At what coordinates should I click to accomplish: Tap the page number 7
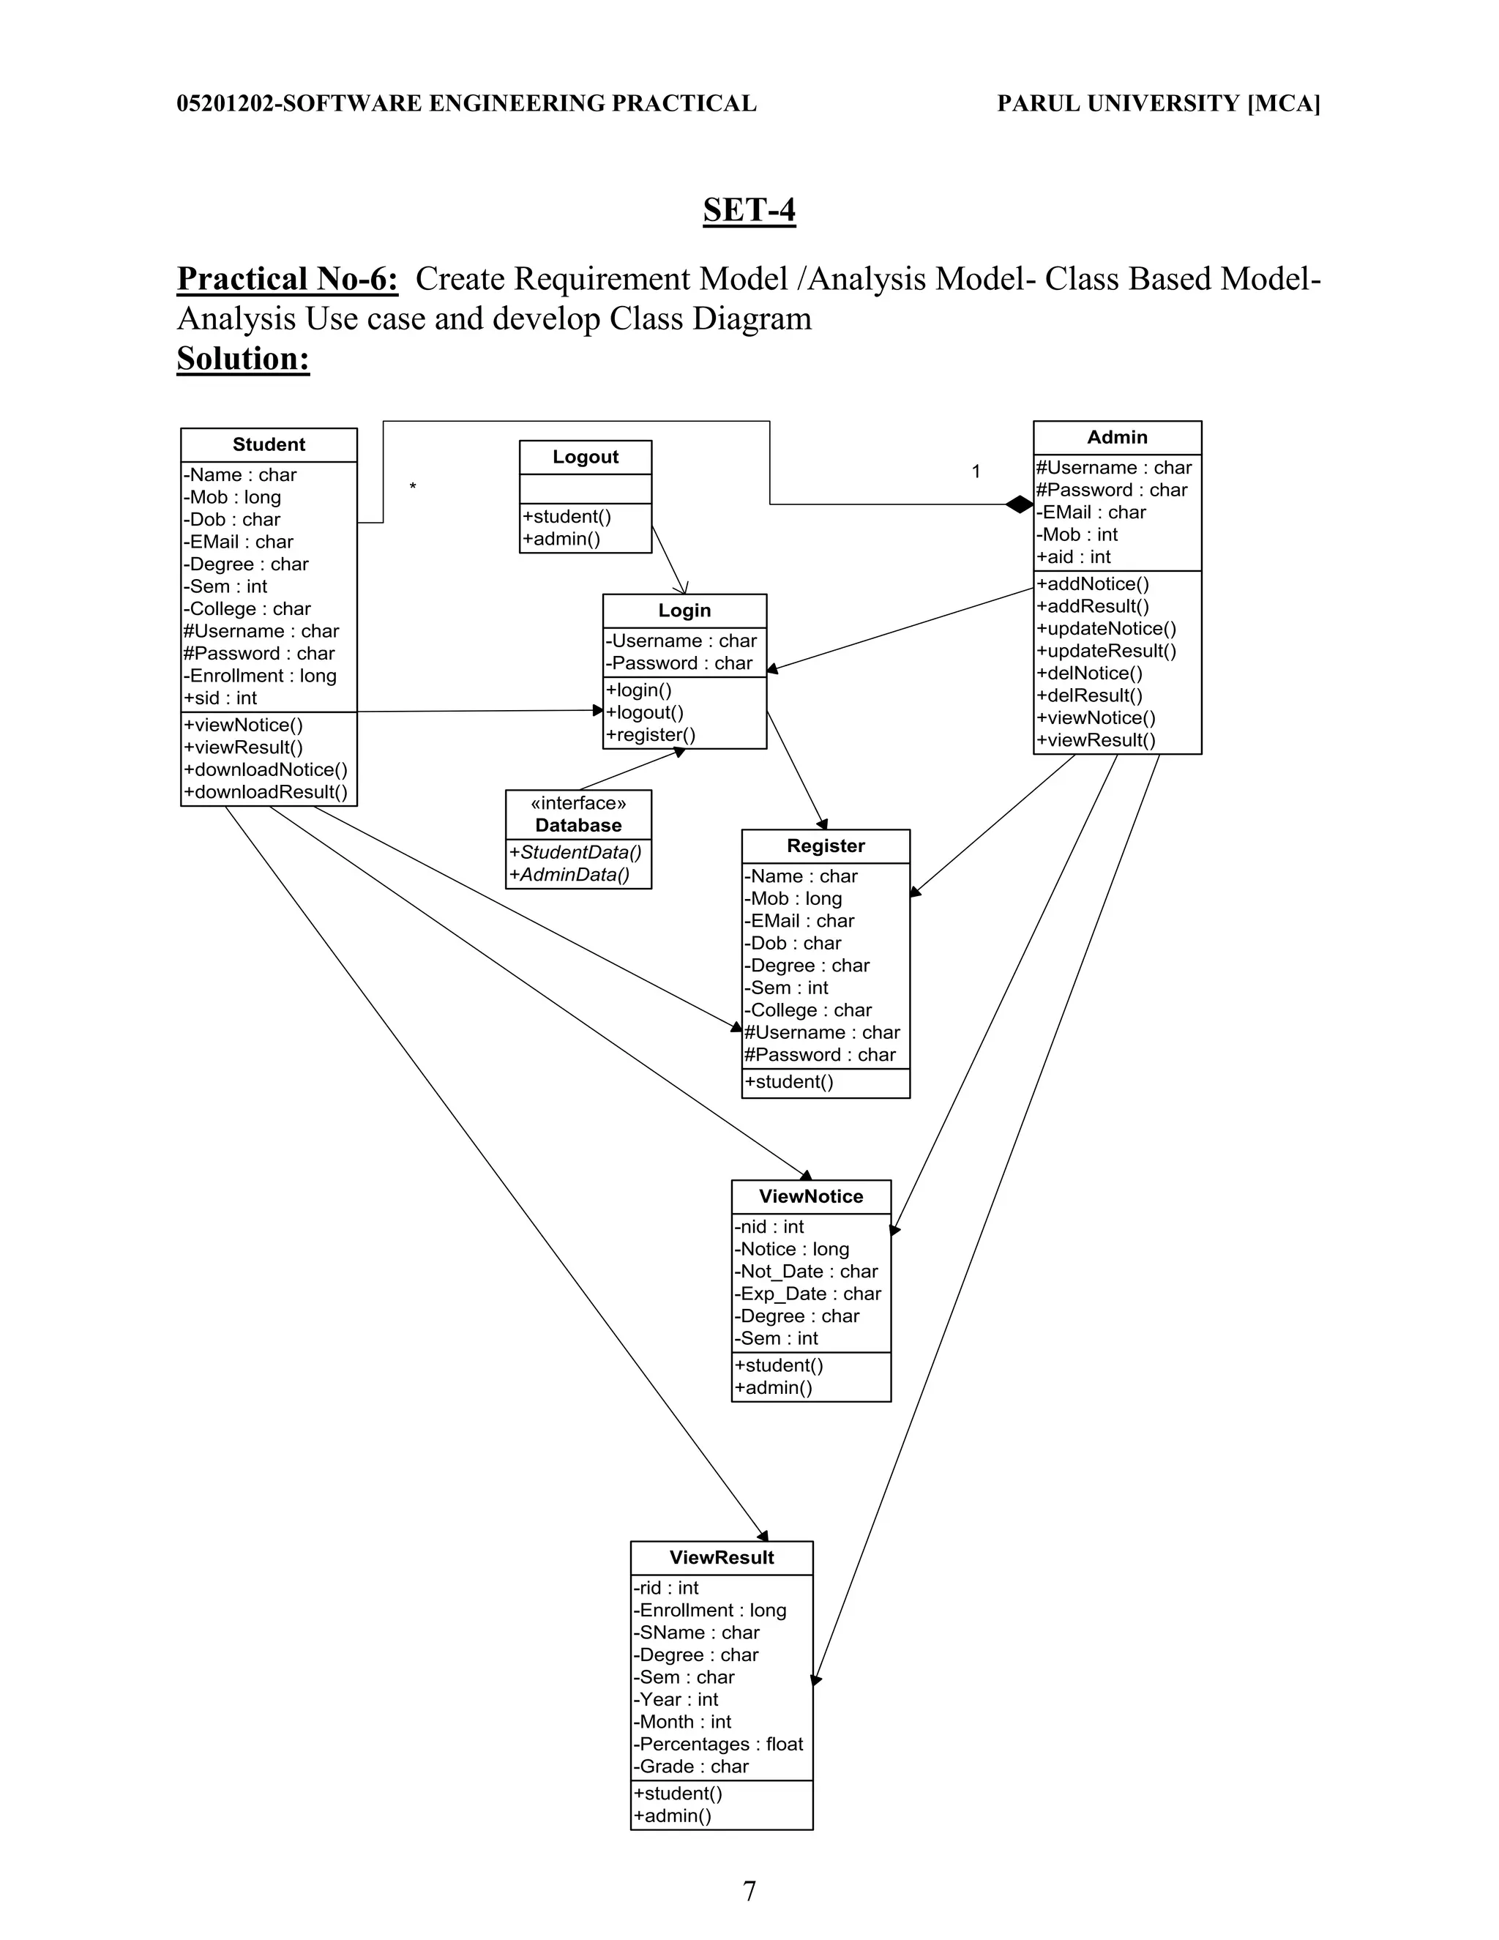pyautogui.click(x=749, y=1890)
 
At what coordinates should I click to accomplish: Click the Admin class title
pyautogui.click(x=1116, y=437)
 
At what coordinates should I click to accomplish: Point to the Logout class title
pyautogui.click(x=586, y=457)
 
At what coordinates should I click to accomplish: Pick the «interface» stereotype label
pyautogui.click(x=578, y=803)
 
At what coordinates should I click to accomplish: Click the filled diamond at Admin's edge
pyautogui.click(x=1020, y=504)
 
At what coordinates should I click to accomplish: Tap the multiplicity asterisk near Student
pyautogui.click(x=412, y=487)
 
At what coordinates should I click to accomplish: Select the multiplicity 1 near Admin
pyautogui.click(x=975, y=471)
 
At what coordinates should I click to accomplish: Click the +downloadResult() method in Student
pyautogui.click(x=266, y=791)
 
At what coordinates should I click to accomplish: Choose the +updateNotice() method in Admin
pyautogui.click(x=1106, y=628)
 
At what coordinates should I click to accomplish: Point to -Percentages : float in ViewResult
pyautogui.click(x=717, y=1744)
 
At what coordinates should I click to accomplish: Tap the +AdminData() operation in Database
pyautogui.click(x=569, y=874)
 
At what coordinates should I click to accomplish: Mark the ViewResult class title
pyautogui.click(x=721, y=1557)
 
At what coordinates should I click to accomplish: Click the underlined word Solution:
pyautogui.click(x=243, y=359)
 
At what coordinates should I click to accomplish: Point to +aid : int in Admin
pyautogui.click(x=1073, y=557)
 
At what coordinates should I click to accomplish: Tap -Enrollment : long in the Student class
pyautogui.click(x=259, y=675)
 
